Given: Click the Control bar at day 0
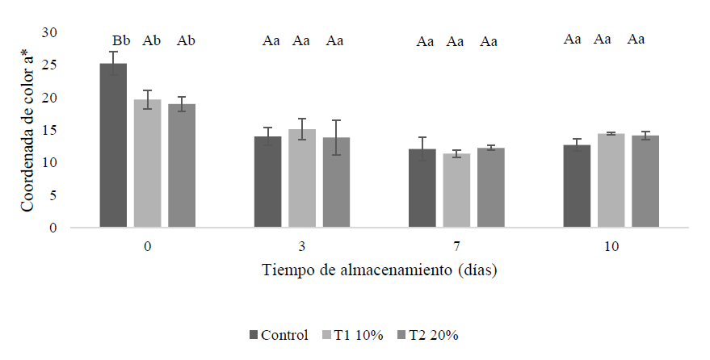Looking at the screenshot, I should click(x=113, y=145).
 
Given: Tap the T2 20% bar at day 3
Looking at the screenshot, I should click(x=336, y=182).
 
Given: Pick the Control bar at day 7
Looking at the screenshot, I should click(x=422, y=188).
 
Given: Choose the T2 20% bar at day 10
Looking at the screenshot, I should click(x=645, y=182).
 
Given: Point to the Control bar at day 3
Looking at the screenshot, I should click(x=267, y=182).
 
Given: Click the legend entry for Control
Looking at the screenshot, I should click(x=279, y=335).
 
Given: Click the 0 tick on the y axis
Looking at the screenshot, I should click(x=53, y=228).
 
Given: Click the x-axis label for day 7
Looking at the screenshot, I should click(x=456, y=246).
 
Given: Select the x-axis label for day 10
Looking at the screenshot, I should click(x=611, y=246).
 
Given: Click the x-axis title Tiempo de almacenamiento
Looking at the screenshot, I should click(x=379, y=270).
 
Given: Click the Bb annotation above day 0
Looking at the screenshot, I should click(x=121, y=40).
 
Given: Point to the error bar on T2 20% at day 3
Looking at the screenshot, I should click(x=336, y=137).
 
